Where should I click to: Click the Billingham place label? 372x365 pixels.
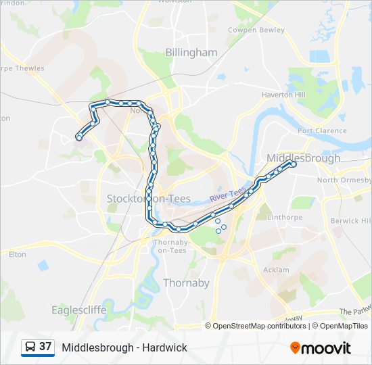point(191,53)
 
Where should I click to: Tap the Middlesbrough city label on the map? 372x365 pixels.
point(303,158)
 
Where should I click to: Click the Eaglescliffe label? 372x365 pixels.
point(79,310)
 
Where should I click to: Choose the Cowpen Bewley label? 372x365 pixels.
point(256,30)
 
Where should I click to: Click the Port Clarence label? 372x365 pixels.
point(322,131)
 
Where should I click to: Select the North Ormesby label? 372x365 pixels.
point(344,180)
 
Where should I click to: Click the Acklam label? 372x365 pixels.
point(275,270)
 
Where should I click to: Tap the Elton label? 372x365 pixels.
point(18,255)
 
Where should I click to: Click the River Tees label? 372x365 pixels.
point(228,195)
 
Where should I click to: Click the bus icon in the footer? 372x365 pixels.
point(30,347)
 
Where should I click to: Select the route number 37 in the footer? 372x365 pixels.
point(46,347)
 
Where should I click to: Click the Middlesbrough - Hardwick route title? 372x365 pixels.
point(124,347)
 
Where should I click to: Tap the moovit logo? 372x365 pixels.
point(321,347)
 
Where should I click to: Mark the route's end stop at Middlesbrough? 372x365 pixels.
point(293,164)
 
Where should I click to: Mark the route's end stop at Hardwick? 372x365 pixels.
point(79,138)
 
